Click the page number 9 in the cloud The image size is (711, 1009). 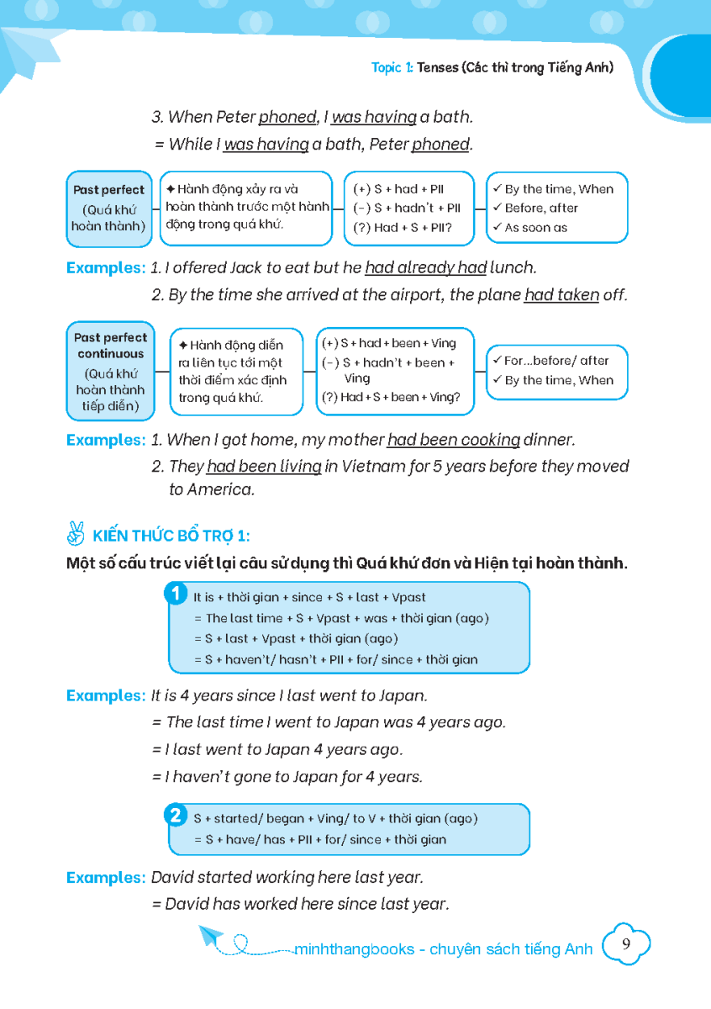pyautogui.click(x=626, y=944)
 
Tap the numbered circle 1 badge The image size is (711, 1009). pyautogui.click(x=176, y=594)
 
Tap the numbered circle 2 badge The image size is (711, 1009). pyautogui.click(x=176, y=816)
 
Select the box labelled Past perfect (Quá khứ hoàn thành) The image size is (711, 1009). pyautogui.click(x=108, y=209)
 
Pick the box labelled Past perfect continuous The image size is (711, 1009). pyautogui.click(x=110, y=371)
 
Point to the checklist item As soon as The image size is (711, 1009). pyautogui.click(x=535, y=228)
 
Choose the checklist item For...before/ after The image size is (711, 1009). pyautogui.click(x=556, y=361)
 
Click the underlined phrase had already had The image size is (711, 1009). pyautogui.click(x=426, y=268)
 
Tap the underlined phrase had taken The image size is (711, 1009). pyautogui.click(x=561, y=295)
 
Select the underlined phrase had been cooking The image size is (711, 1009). pyautogui.click(x=453, y=440)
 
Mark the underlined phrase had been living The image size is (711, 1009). pyautogui.click(x=264, y=467)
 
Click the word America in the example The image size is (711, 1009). pyautogui.click(x=221, y=489)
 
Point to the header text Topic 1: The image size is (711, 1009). pyautogui.click(x=392, y=67)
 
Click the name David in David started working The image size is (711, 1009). pyautogui.click(x=173, y=878)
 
